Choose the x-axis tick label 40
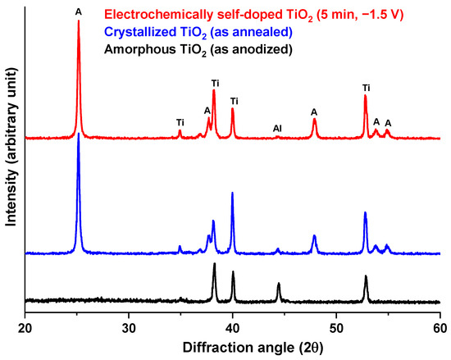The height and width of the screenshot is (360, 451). coord(232,328)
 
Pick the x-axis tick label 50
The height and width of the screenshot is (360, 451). coord(336,328)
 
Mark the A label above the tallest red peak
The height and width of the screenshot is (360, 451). coord(79,11)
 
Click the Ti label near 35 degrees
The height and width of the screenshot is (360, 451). coord(180,122)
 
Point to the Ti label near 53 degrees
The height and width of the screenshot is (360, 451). coord(366,87)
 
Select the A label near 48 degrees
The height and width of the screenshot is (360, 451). coord(314,112)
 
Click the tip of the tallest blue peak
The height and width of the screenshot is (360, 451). coord(78,134)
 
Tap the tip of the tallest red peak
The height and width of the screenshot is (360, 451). coord(78,21)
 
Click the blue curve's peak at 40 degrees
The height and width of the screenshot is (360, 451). coord(232,194)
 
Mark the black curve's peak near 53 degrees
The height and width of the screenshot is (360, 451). coord(366,277)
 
